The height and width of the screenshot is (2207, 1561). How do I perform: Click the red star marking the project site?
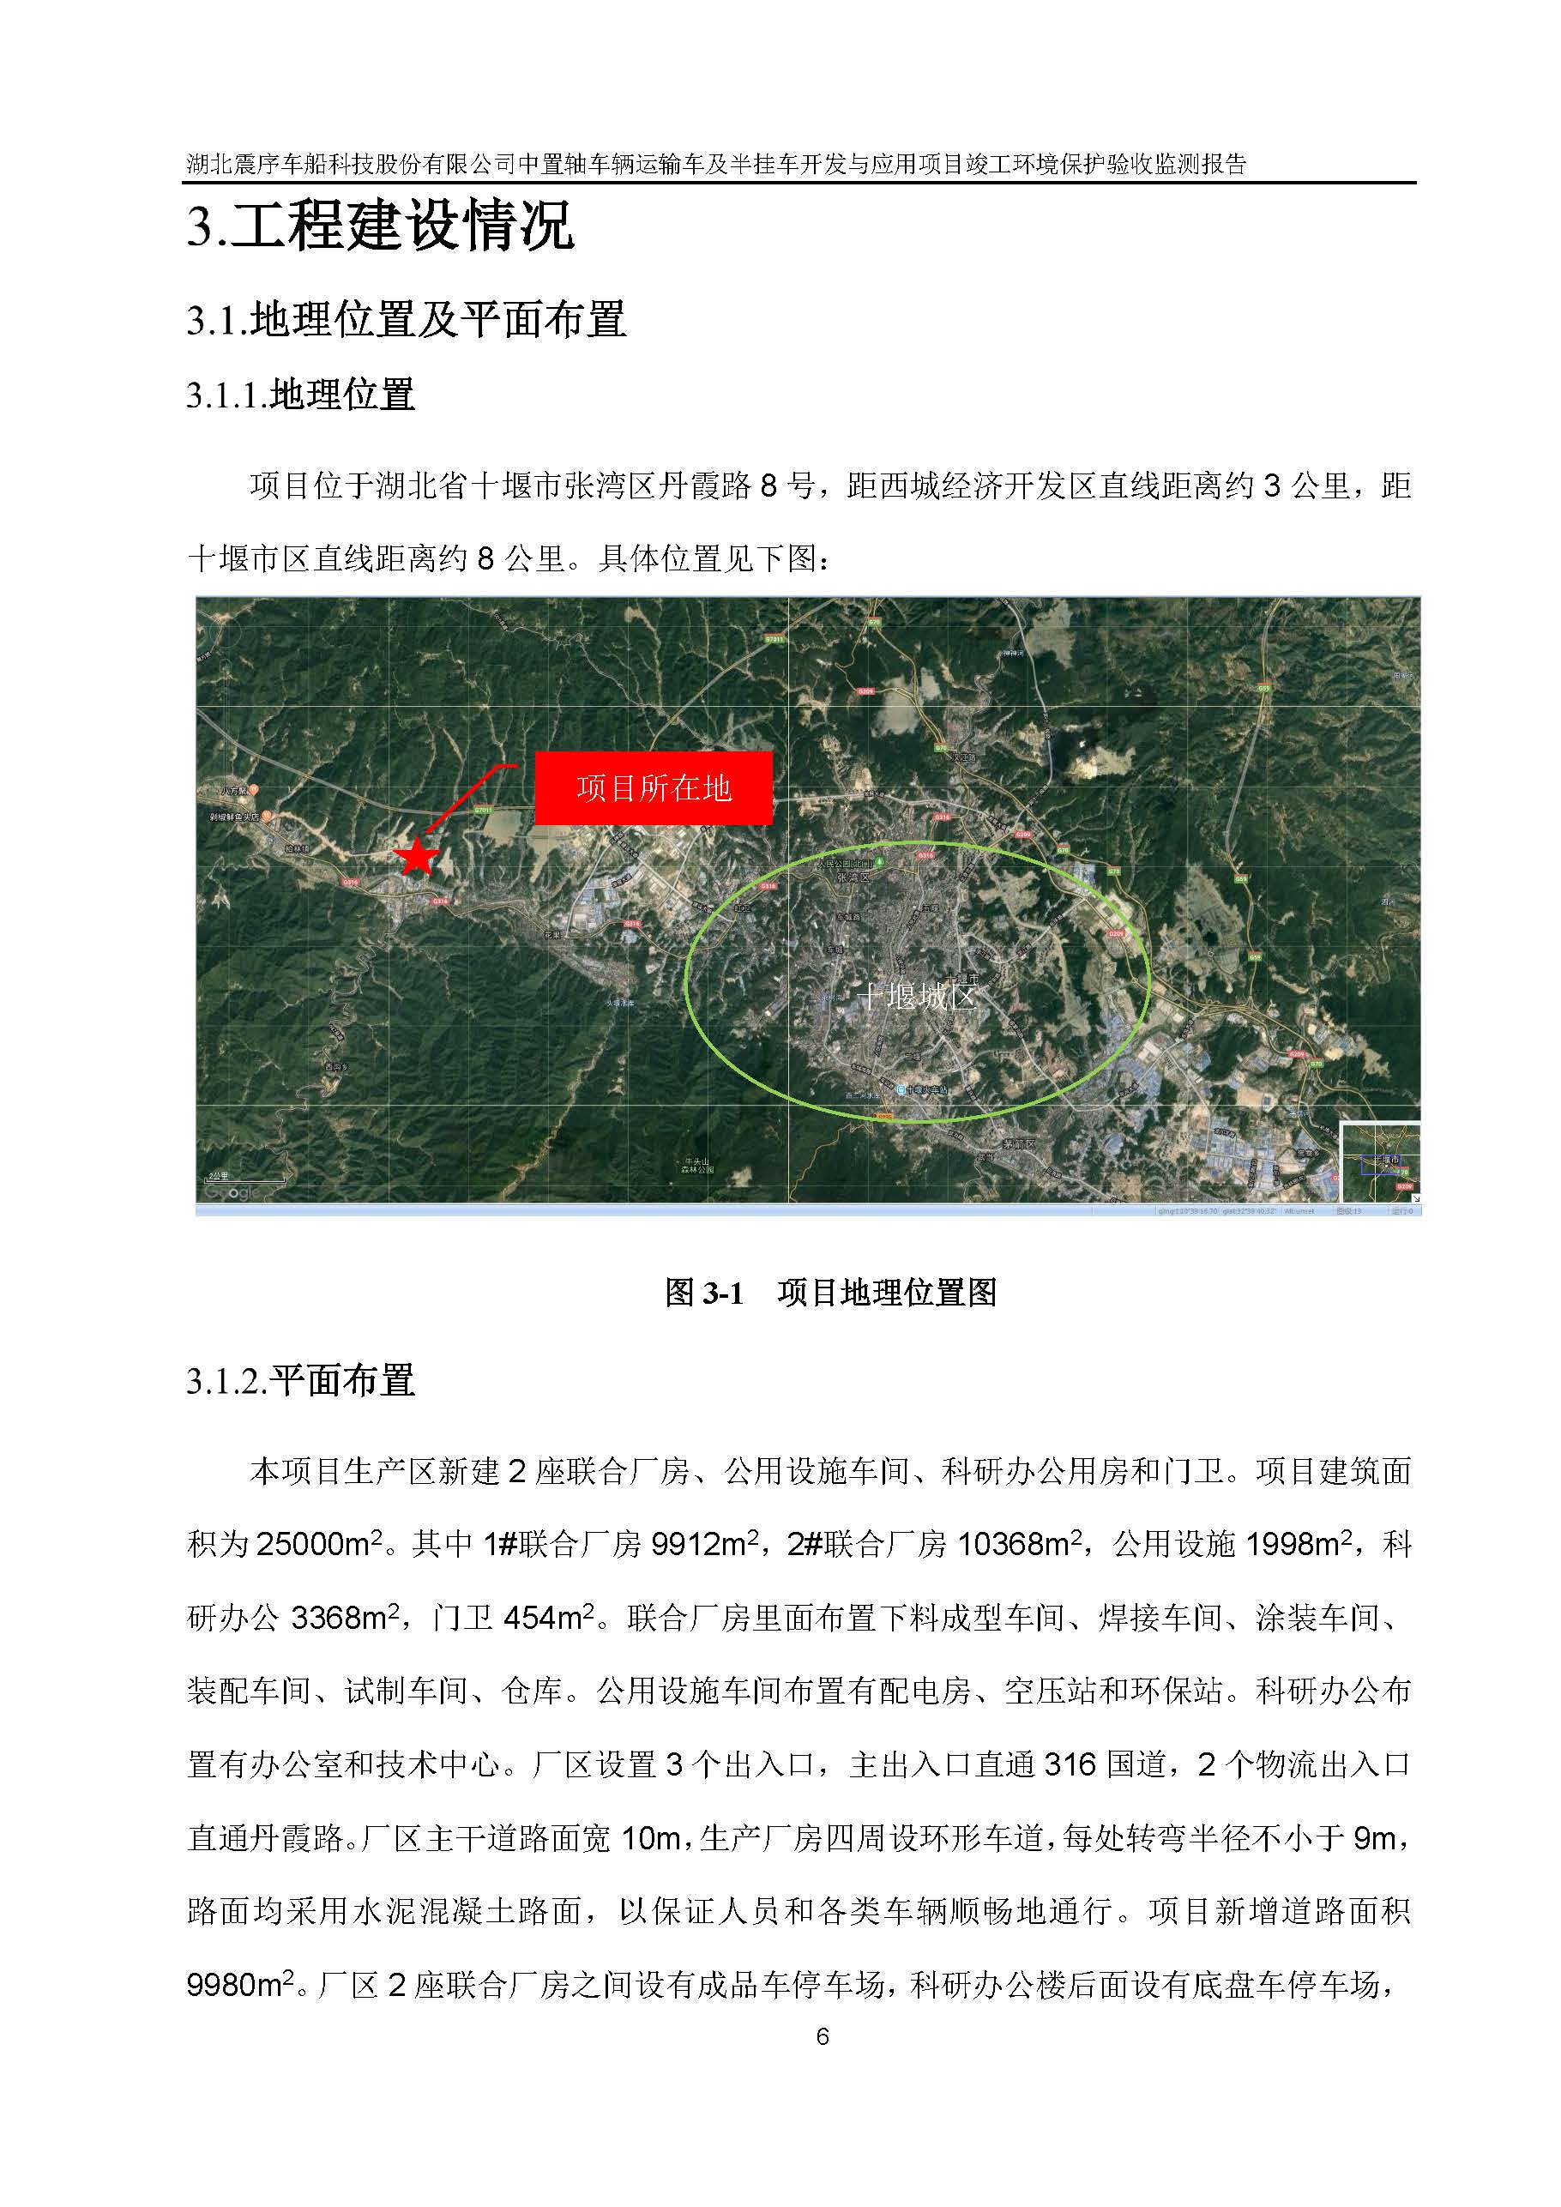pos(417,856)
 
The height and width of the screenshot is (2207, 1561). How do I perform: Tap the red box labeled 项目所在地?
pos(654,788)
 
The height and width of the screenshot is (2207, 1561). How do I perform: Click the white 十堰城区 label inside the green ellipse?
pos(916,996)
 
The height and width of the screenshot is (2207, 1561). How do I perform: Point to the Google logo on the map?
pos(232,1192)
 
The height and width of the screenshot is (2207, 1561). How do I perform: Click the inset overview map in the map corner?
pos(1380,1162)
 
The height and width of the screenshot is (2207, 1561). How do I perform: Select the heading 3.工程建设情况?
pos(381,226)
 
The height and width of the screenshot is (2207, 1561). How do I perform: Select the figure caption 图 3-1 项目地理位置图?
pos(831,1293)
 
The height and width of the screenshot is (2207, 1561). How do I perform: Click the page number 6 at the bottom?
pos(822,2036)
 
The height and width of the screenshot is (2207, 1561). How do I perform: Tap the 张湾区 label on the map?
pos(853,877)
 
